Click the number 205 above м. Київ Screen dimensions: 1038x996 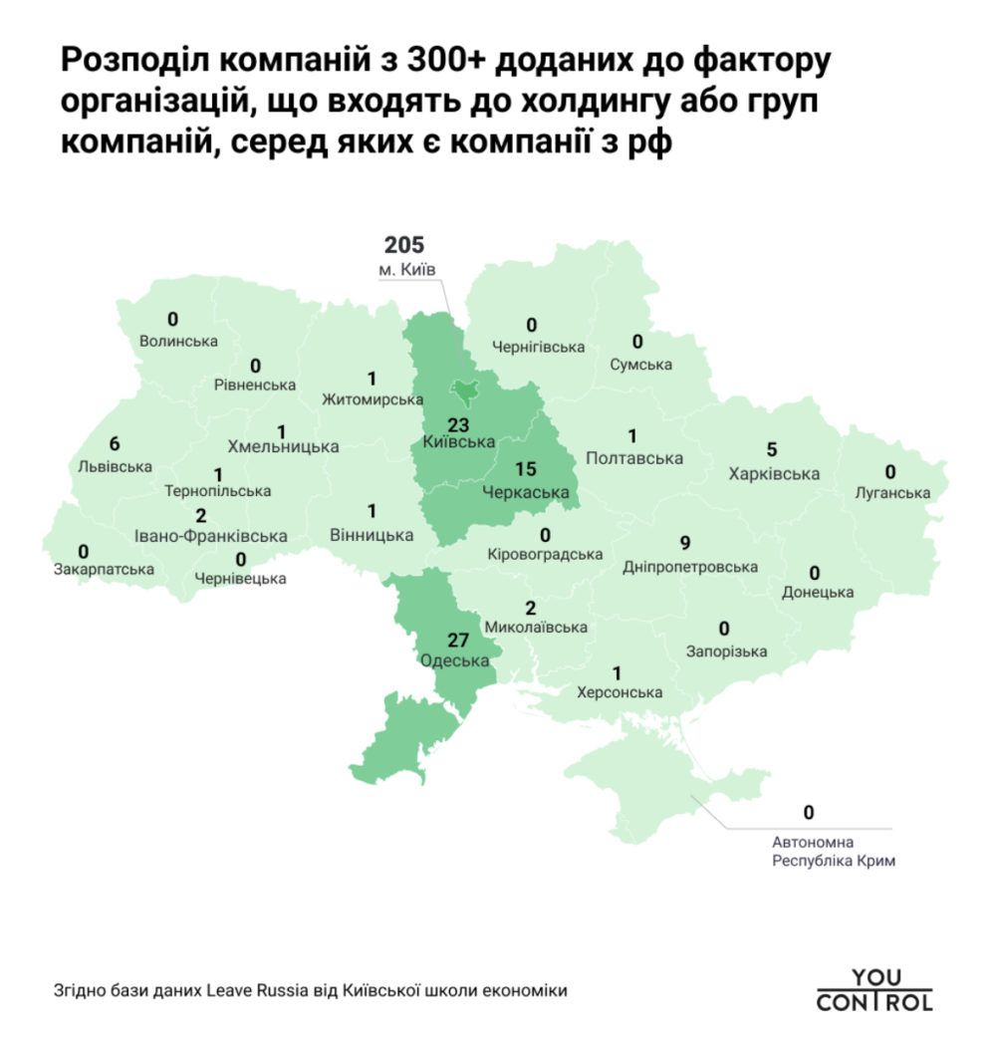coord(404,245)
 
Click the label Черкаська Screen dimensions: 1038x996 coord(525,491)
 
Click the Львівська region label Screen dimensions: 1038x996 coord(115,466)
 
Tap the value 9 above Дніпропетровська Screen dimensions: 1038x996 coord(684,544)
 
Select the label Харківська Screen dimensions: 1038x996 coord(775,473)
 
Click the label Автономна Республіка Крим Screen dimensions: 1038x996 coord(834,852)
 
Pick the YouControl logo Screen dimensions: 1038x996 coord(874,990)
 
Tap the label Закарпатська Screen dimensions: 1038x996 coord(105,570)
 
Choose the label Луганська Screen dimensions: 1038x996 coord(892,492)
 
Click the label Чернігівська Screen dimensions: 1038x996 coord(538,347)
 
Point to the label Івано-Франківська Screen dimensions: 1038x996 coord(210,536)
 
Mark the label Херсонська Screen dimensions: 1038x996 coord(620,692)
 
